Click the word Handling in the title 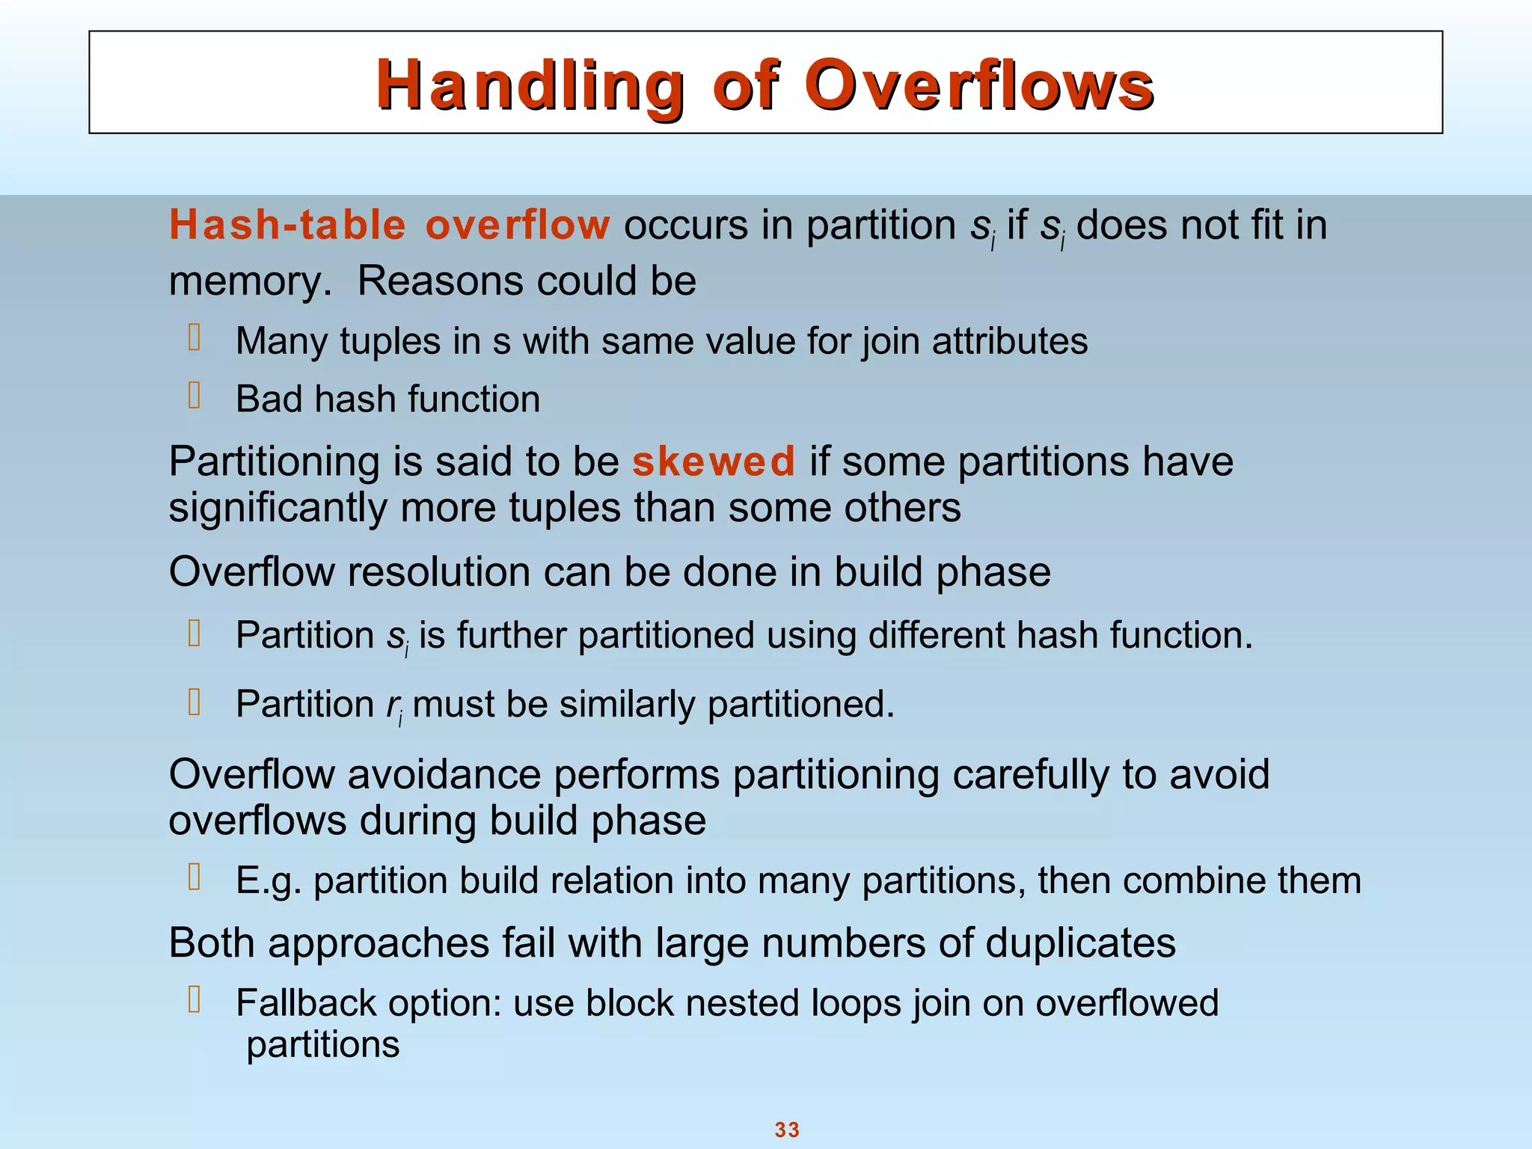pos(530,85)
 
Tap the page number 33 pos(787,1130)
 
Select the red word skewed pos(714,462)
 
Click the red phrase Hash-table pos(288,225)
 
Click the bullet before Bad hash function pos(194,396)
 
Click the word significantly pos(278,509)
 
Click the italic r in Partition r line pos(392,705)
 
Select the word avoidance pos(444,775)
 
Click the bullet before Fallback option pos(194,1000)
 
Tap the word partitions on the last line pos(323,1045)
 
